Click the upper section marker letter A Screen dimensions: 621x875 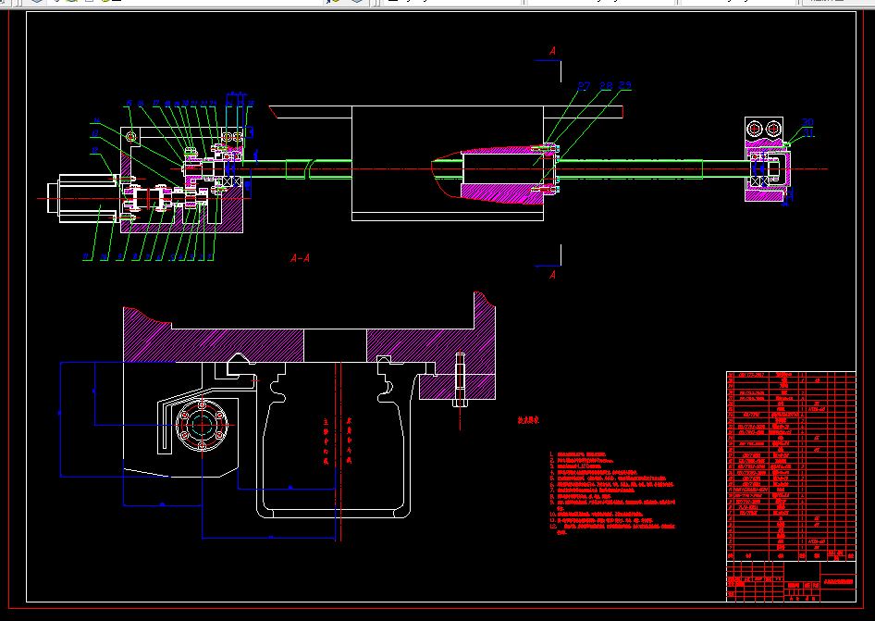point(552,51)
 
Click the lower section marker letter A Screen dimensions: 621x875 point(552,275)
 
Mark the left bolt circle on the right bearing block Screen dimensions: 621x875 point(757,128)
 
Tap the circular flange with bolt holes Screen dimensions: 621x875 point(203,428)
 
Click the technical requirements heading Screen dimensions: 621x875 point(528,420)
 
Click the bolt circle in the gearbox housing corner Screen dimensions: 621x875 point(131,137)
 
